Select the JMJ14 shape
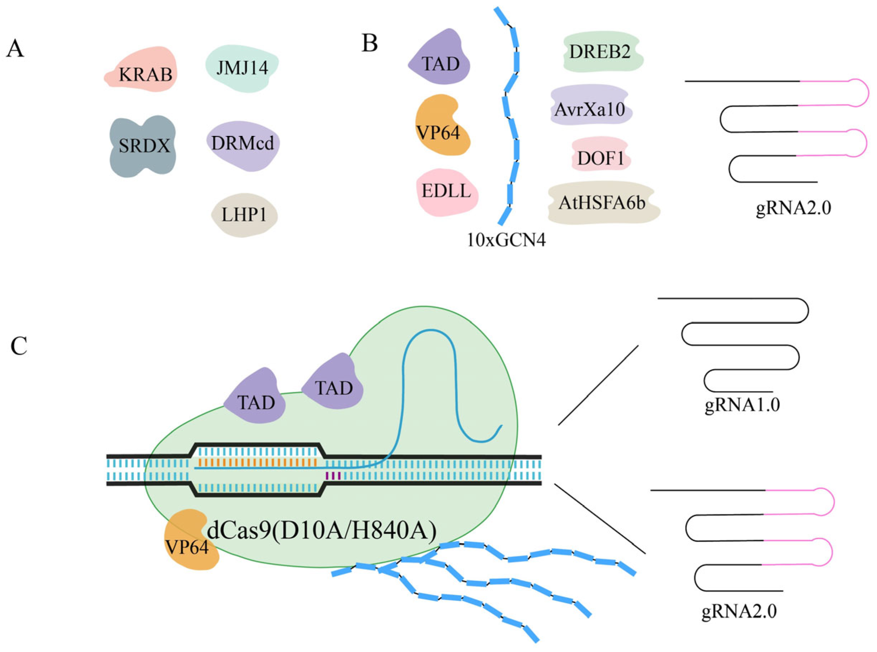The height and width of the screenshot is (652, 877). point(242,68)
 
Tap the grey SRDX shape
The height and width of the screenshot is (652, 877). point(143,146)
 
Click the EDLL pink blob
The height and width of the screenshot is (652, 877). point(447,192)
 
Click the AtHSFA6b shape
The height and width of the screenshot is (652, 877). point(603,202)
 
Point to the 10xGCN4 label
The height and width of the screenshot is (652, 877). point(506,240)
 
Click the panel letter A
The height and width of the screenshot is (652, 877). point(15,50)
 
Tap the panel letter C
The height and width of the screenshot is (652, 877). point(19,346)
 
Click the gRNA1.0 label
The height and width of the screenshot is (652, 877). point(742,405)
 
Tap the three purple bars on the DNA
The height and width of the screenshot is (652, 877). point(332,476)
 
